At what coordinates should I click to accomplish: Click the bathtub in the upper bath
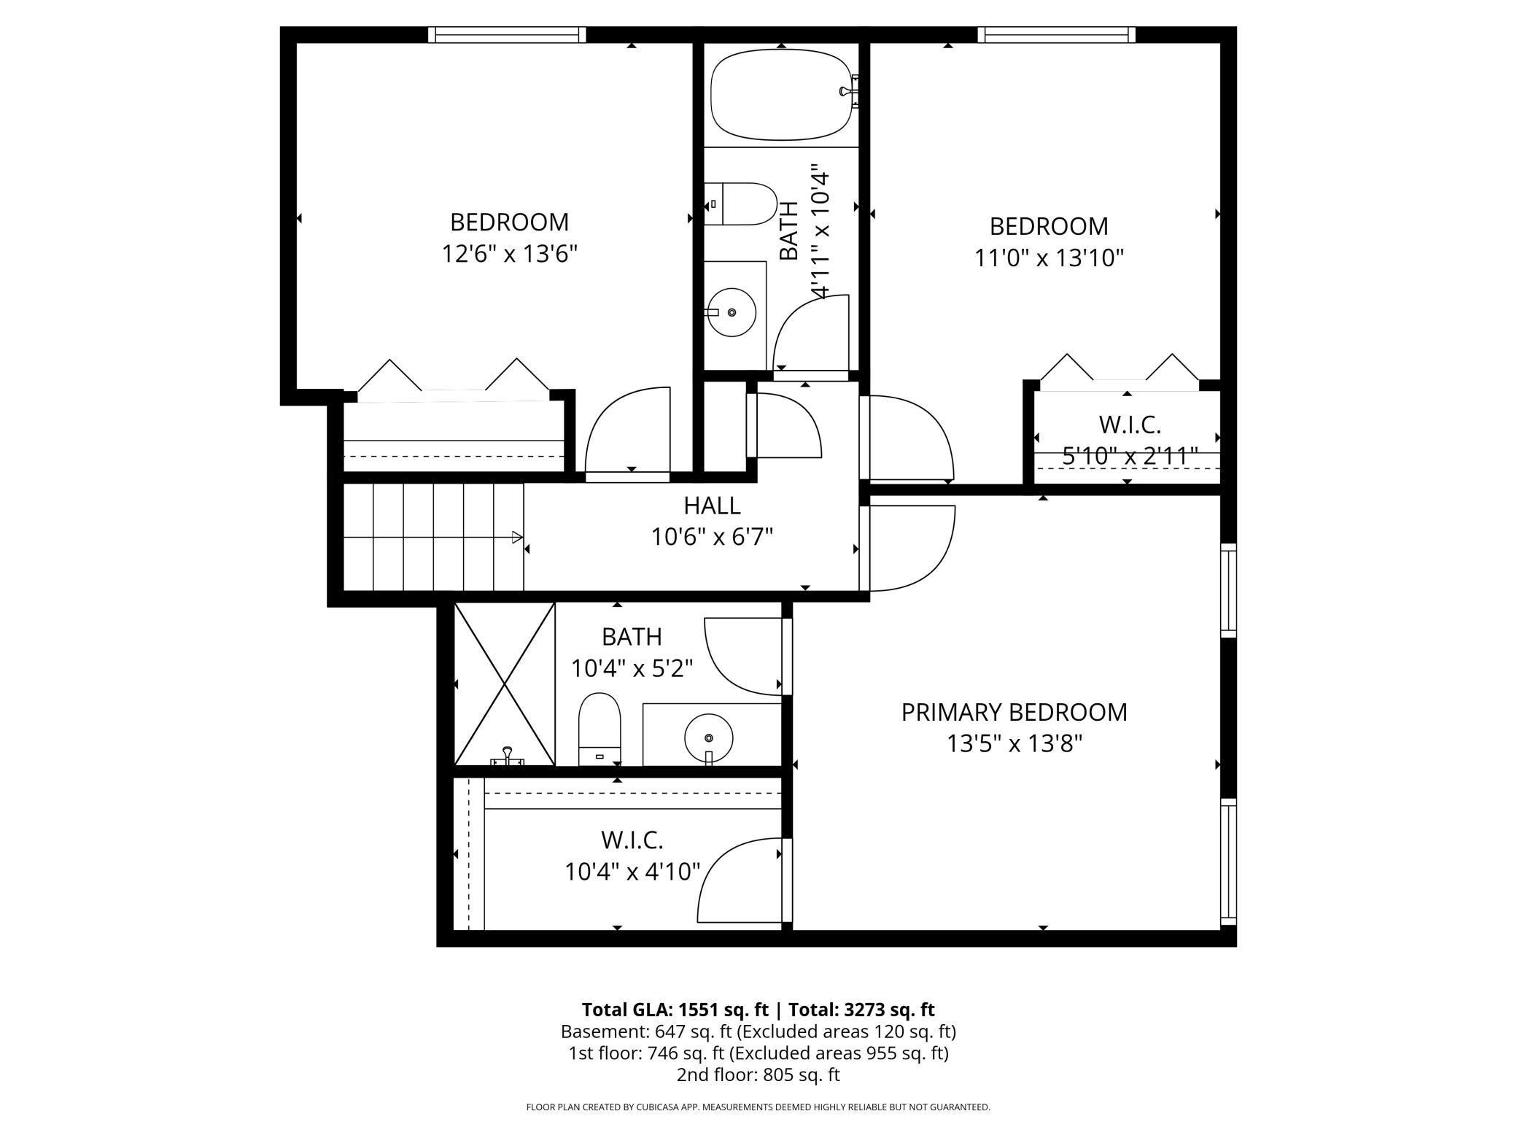(x=782, y=95)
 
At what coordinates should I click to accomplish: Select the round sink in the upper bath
(x=732, y=312)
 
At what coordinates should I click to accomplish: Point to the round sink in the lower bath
(x=708, y=738)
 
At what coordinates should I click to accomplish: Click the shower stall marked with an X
(x=504, y=684)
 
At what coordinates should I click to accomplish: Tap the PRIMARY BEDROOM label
(x=1014, y=712)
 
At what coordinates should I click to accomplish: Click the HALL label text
(x=712, y=506)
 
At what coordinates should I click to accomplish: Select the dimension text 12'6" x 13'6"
(x=510, y=254)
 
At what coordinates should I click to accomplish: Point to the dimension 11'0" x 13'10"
(x=1049, y=258)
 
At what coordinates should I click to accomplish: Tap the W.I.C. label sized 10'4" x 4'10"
(x=632, y=840)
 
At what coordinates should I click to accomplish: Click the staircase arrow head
(x=517, y=538)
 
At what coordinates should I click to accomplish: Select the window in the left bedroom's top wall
(x=507, y=34)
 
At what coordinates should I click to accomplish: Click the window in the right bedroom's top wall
(x=1056, y=34)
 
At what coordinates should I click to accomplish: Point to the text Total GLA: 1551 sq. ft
(x=675, y=1010)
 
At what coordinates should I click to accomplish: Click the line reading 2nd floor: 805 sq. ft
(x=758, y=1075)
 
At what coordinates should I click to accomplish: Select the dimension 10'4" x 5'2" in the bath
(x=632, y=668)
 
